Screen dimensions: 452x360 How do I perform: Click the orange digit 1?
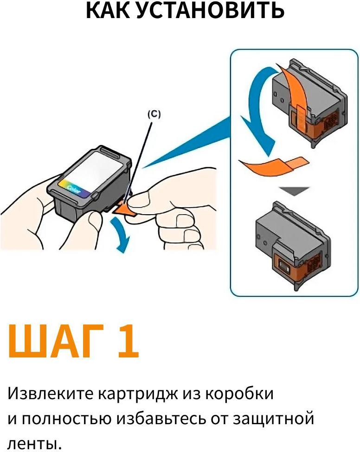[x=127, y=342]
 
